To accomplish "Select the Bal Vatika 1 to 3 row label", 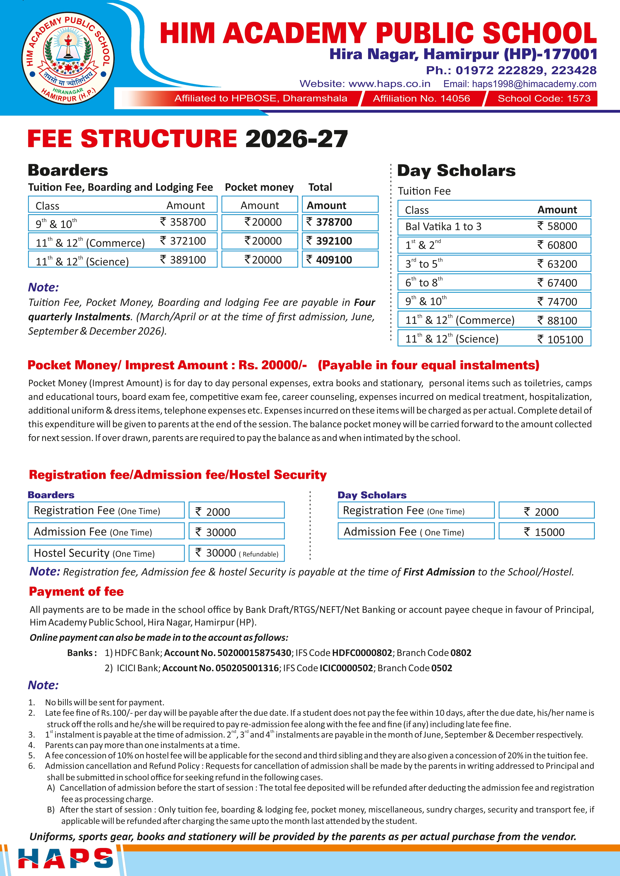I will click(x=443, y=227).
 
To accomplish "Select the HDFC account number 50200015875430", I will click(x=254, y=653).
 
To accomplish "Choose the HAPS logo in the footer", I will click(x=66, y=859).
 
